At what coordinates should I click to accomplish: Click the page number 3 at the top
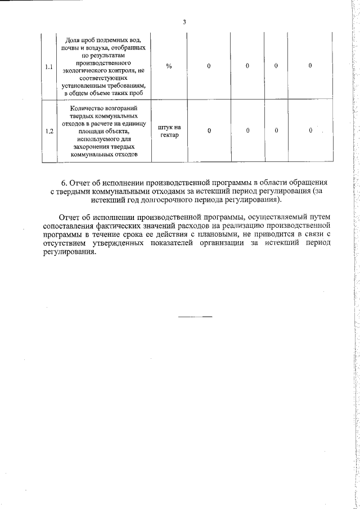(184, 22)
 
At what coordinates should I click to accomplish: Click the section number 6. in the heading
(65, 183)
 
